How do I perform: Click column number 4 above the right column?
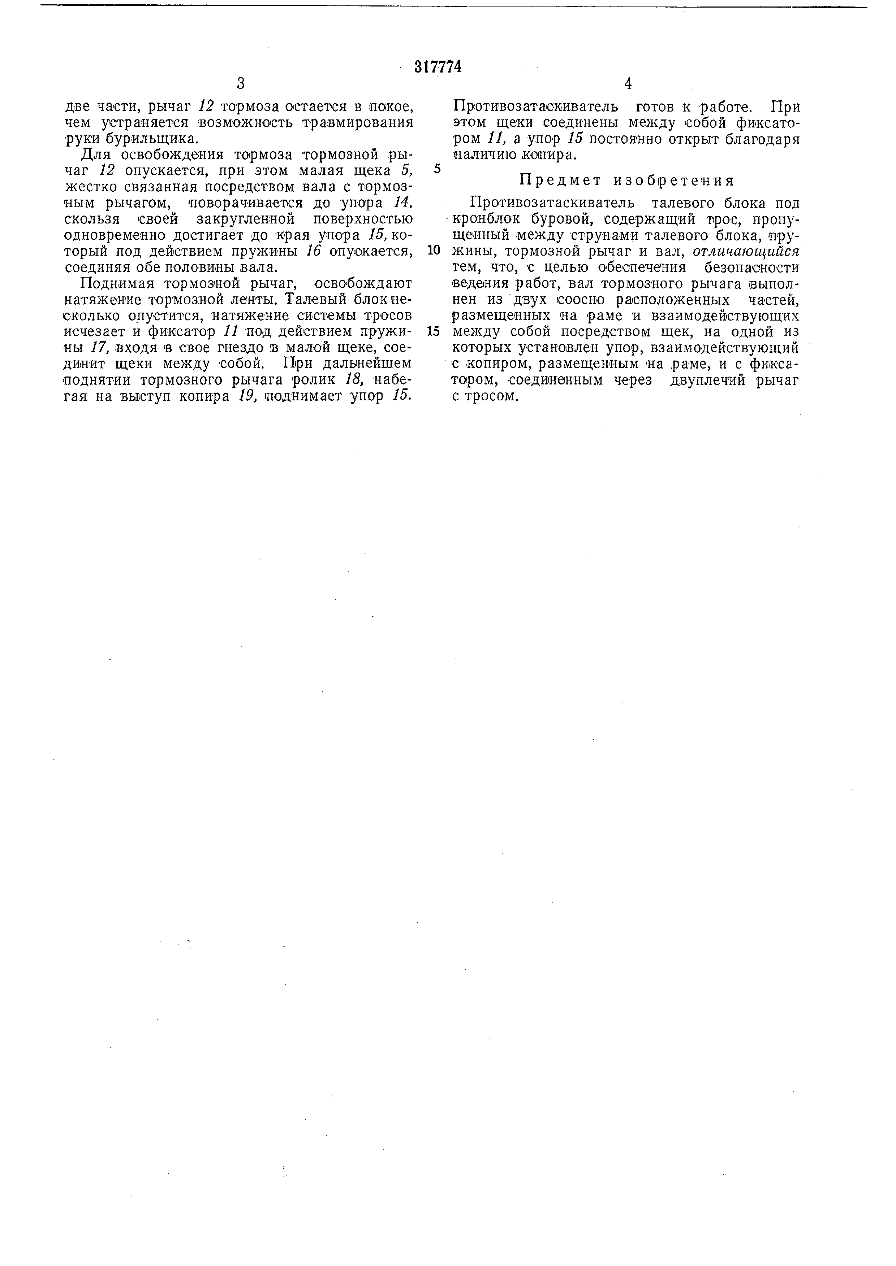click(627, 84)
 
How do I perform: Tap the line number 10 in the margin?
click(434, 250)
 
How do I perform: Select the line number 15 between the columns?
click(434, 331)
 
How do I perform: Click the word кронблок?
click(485, 219)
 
